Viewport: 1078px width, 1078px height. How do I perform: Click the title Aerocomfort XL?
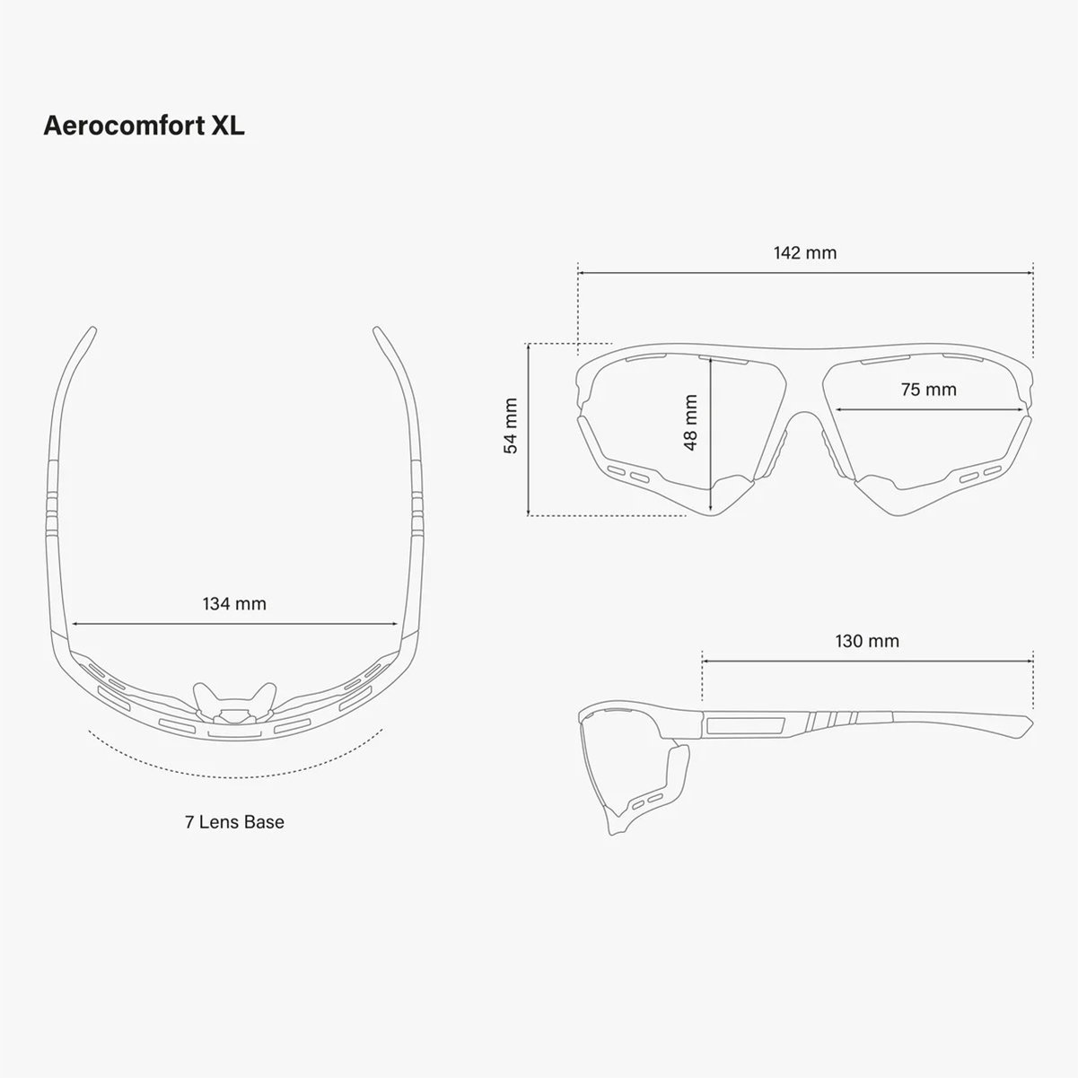coord(144,126)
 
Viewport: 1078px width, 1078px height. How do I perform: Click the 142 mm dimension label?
coord(805,253)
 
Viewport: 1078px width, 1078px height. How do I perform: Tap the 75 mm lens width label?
coord(929,390)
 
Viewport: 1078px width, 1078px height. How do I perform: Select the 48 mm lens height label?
coord(690,423)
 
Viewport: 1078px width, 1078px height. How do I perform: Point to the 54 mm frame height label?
coord(511,425)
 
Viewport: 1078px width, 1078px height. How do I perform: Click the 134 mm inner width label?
coord(234,603)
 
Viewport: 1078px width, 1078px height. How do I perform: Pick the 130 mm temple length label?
coord(867,641)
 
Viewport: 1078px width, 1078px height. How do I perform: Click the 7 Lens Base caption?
coord(234,822)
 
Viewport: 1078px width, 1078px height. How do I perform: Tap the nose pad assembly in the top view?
coord(234,703)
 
